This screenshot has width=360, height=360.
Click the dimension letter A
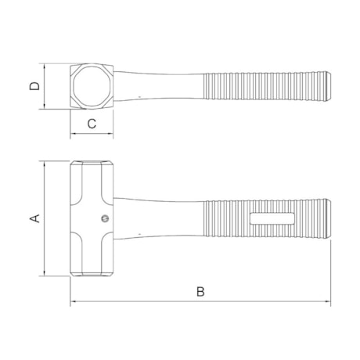click(x=34, y=218)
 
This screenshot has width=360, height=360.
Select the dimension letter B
click(x=200, y=292)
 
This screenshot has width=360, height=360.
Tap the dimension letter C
click(x=91, y=123)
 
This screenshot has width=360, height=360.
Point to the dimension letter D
click(x=34, y=85)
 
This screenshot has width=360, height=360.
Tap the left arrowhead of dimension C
click(x=73, y=133)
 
